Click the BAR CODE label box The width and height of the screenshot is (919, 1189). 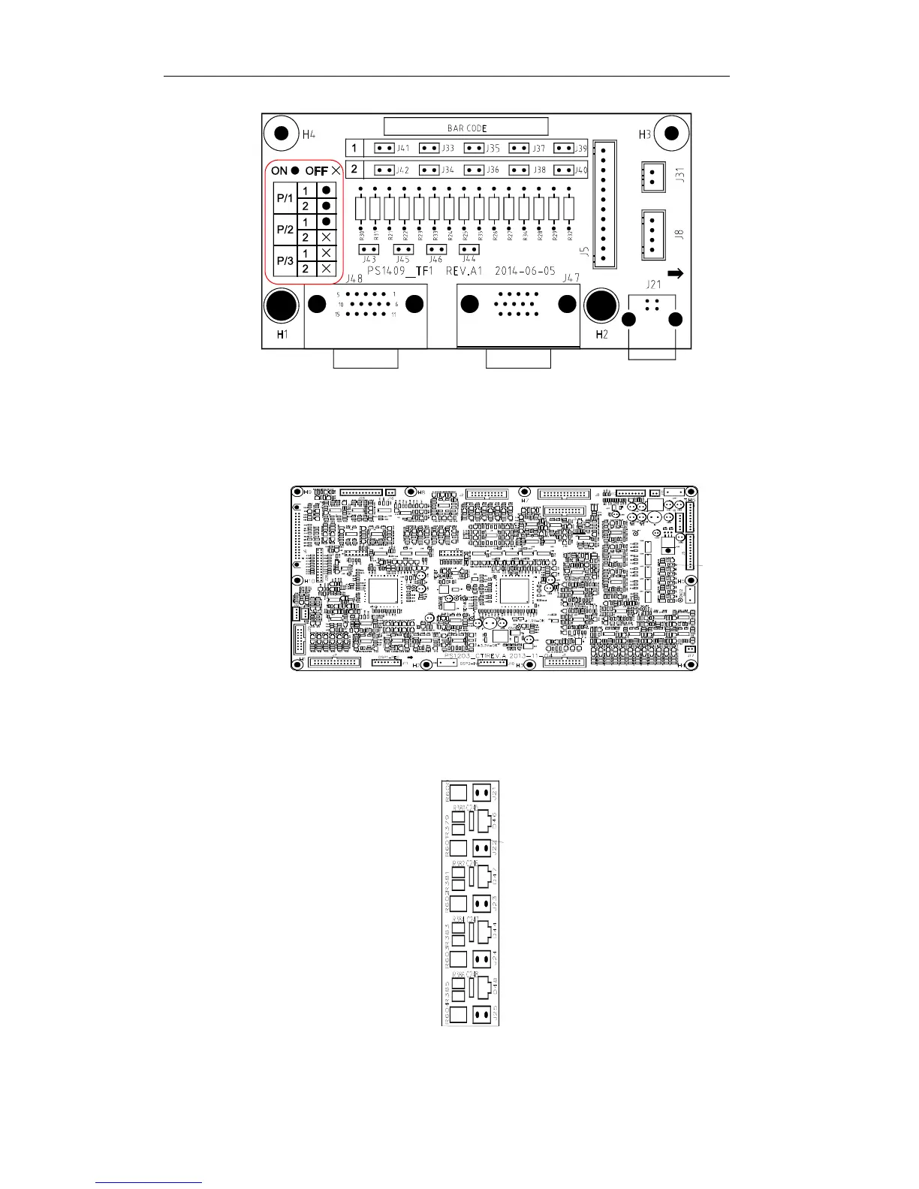pos(466,127)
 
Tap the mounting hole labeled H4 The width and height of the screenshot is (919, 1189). pos(282,134)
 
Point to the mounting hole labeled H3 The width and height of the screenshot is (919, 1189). pos(672,134)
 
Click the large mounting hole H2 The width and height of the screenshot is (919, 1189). pos(601,306)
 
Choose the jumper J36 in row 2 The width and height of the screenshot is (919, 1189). pos(474,170)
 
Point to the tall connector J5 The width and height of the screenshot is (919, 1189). pos(604,203)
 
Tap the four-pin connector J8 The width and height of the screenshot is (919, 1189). pos(652,234)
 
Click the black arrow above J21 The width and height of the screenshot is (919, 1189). pos(675,274)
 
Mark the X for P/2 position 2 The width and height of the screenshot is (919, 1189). pos(327,237)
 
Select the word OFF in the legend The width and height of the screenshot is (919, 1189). pos(316,171)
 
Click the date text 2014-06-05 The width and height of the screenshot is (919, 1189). pos(525,271)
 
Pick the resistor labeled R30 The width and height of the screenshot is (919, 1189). pos(361,207)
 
